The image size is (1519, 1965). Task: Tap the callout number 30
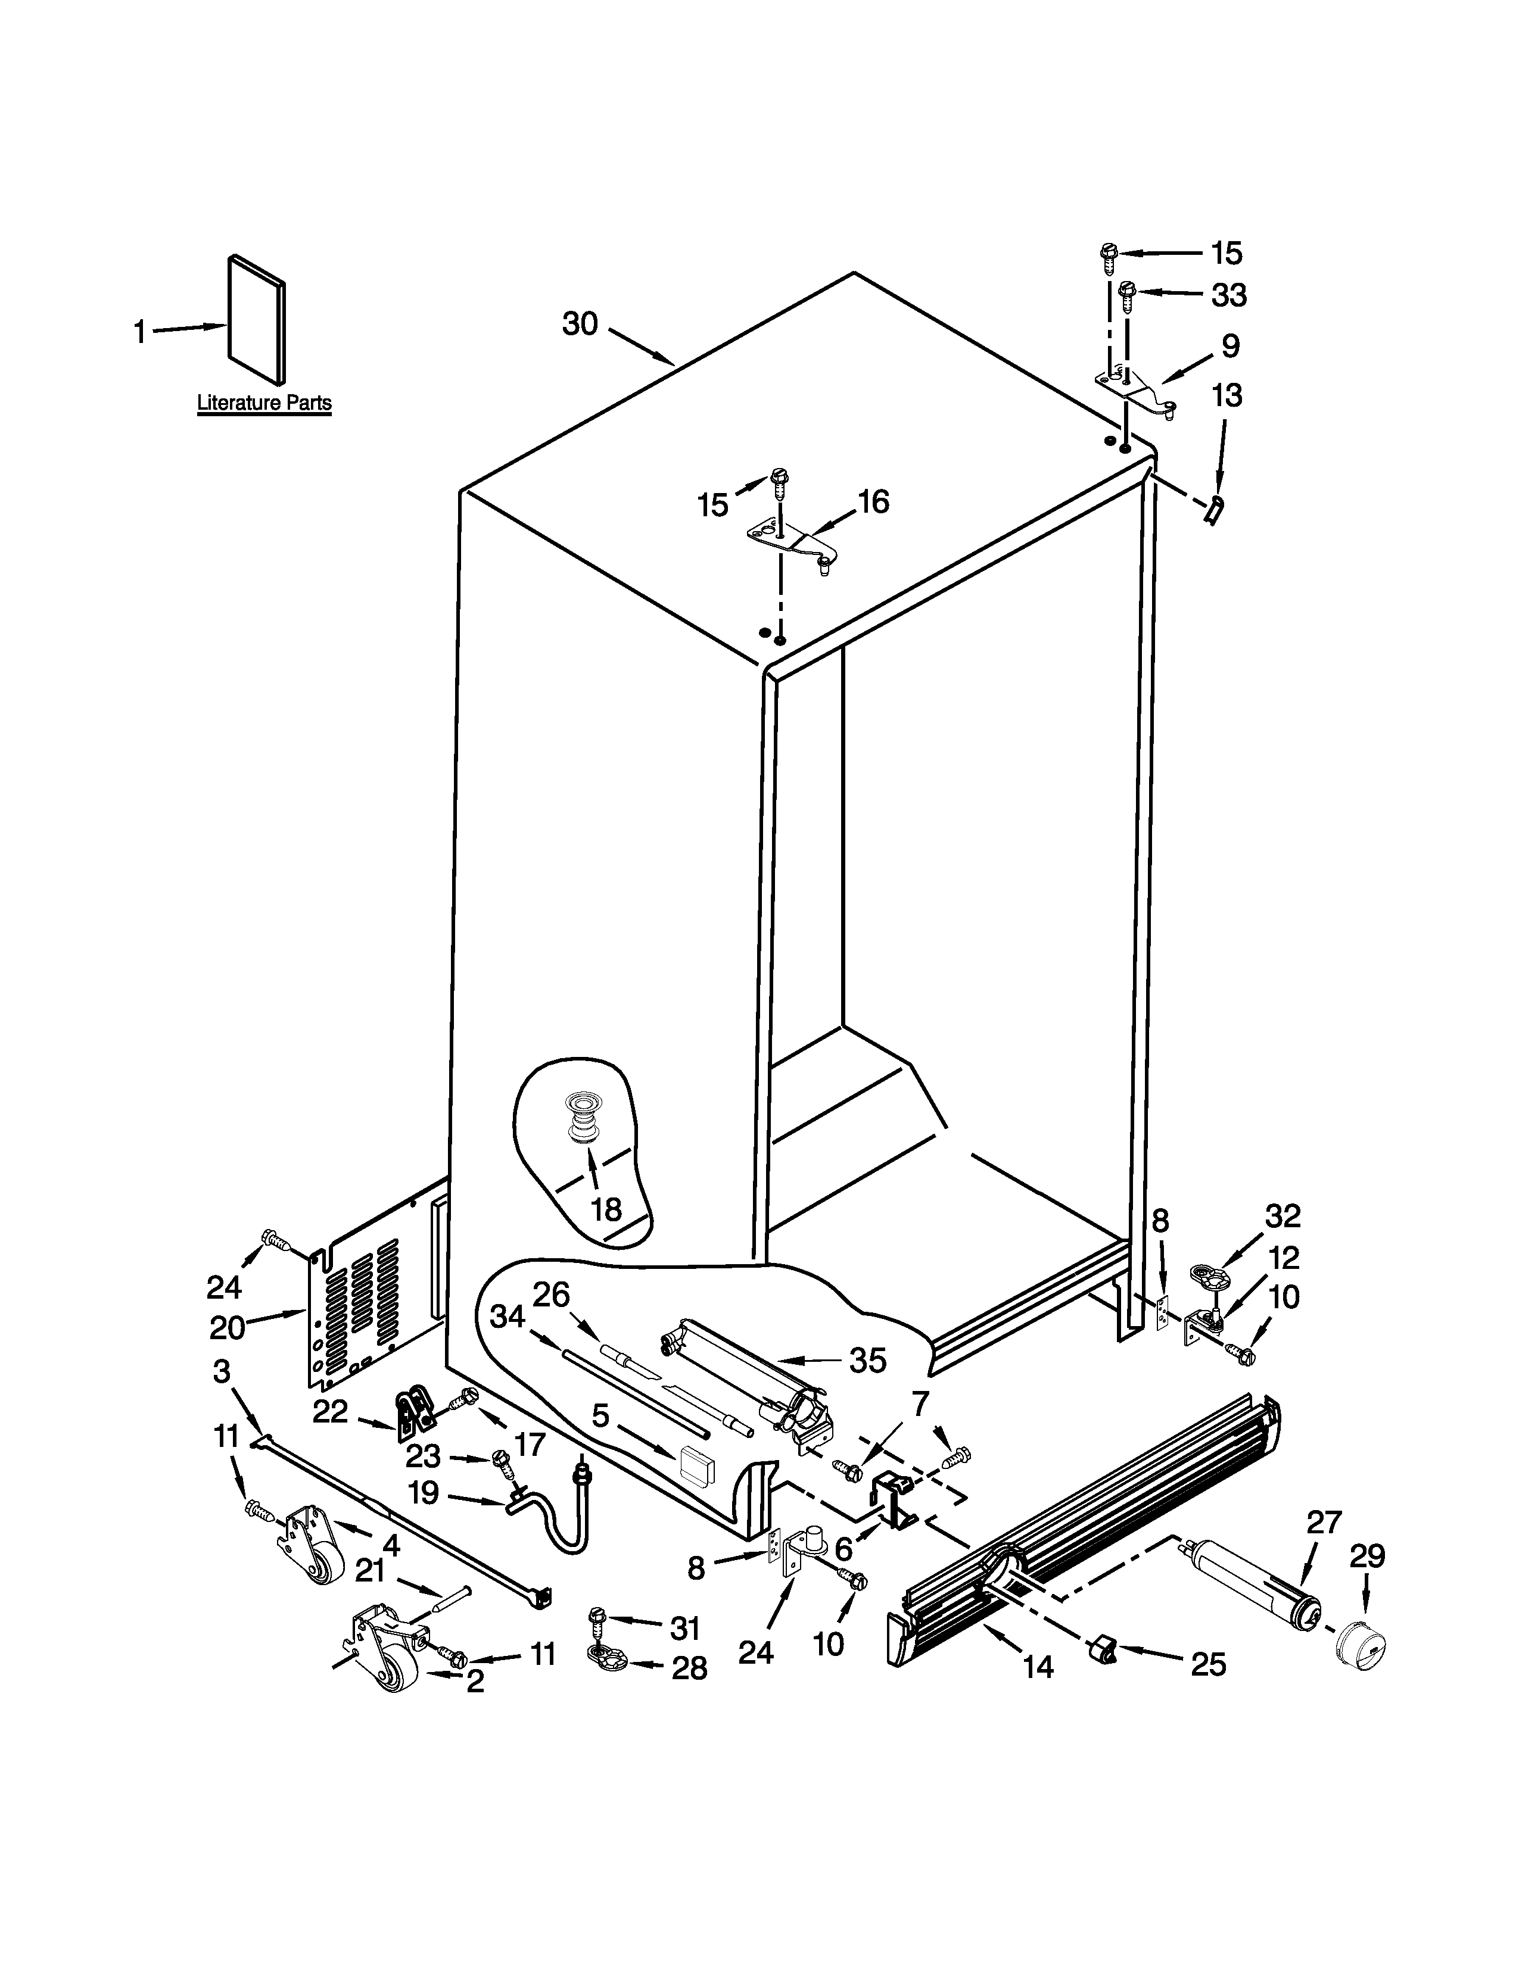pyautogui.click(x=580, y=324)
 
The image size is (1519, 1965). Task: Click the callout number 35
pyautogui.click(x=867, y=1361)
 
